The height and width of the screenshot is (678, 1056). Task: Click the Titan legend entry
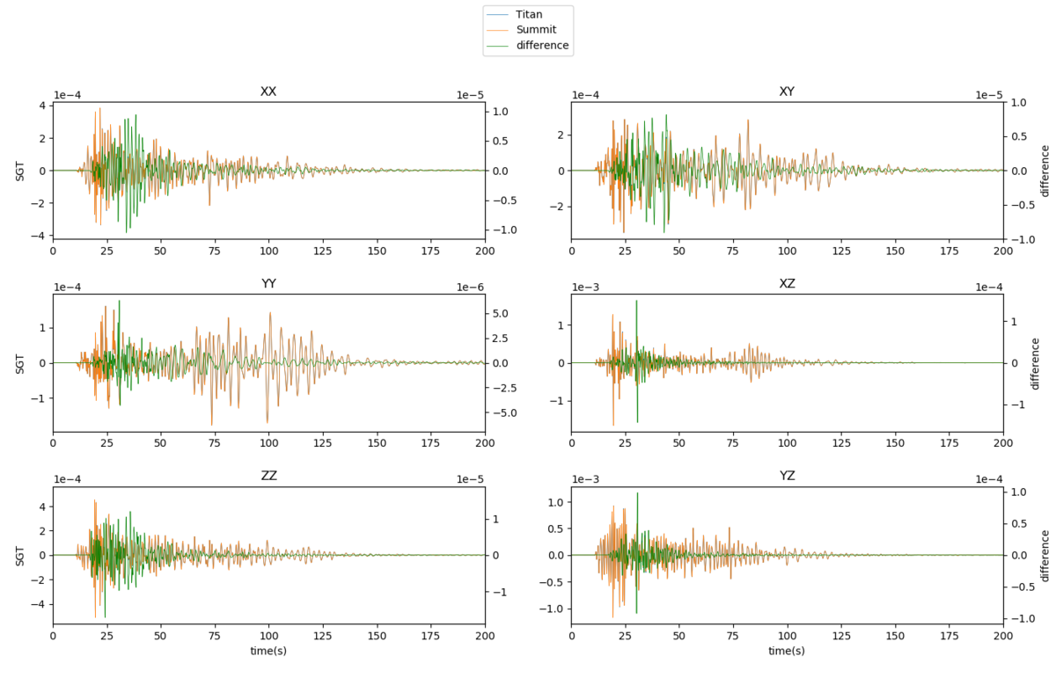[528, 15]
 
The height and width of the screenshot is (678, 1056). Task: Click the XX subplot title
[268, 91]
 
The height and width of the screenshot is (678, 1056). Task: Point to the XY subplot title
[787, 91]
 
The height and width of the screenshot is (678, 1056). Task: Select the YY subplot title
[268, 283]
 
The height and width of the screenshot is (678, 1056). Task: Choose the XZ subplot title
[787, 283]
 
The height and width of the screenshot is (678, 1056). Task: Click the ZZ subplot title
[268, 476]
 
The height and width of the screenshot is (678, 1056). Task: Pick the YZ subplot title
[787, 476]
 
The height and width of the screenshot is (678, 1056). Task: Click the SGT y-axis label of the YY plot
[20, 362]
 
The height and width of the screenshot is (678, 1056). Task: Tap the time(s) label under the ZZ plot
[268, 651]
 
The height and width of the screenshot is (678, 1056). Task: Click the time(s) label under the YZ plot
[787, 651]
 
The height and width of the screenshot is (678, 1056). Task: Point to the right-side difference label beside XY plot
[1045, 171]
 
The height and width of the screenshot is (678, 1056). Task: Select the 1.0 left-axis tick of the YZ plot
[557, 502]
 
